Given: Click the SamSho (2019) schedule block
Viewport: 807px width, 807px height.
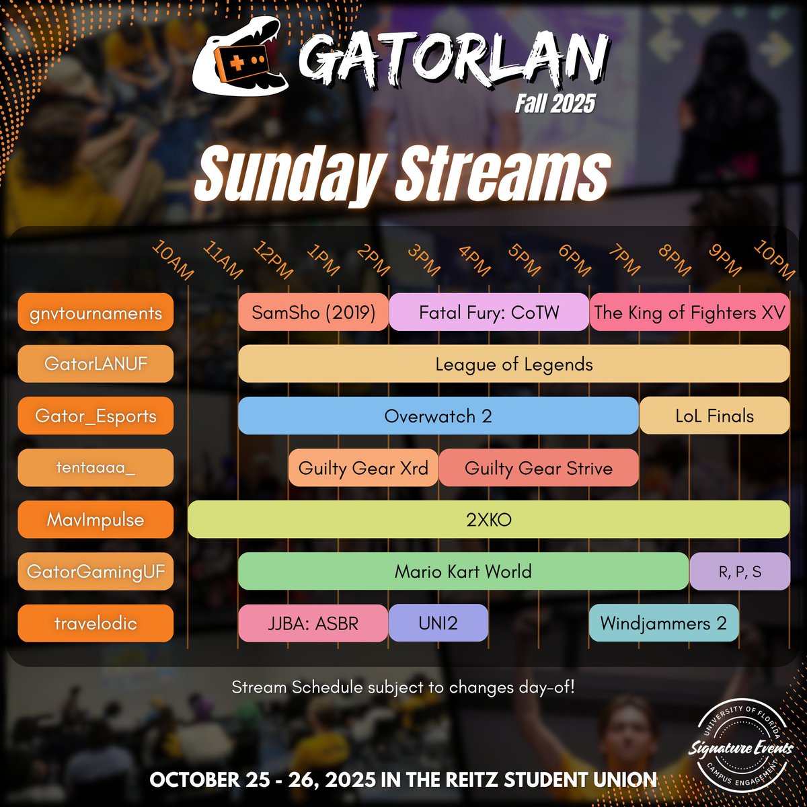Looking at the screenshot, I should coord(313,312).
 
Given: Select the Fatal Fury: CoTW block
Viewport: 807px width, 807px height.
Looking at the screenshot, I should coord(489,312).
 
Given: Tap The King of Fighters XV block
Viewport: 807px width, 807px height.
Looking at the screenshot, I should coord(689,312).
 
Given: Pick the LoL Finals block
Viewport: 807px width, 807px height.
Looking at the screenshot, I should coord(714,416).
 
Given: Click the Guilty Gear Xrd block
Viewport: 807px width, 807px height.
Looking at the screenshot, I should coord(363,467).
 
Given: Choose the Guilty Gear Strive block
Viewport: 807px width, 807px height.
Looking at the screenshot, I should coord(538,467).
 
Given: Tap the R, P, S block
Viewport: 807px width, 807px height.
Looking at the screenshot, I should coord(739,572).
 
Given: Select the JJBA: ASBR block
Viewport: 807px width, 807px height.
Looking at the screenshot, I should coord(313,623).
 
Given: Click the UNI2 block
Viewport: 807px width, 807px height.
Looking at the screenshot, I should coord(438,623).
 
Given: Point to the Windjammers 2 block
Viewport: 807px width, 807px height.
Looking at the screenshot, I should coord(663,623).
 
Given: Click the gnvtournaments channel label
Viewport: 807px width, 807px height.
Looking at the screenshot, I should coord(95,312).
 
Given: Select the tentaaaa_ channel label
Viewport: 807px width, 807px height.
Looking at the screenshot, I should coord(95,467).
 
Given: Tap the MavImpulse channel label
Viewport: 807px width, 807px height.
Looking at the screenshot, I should coord(95,519).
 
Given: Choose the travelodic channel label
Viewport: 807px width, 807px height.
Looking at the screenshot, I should coord(95,623).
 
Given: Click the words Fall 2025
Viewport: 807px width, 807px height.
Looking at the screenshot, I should coord(555,103).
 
